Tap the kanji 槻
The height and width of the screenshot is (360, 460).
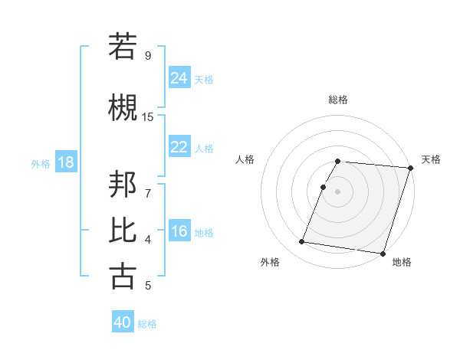click(x=123, y=107)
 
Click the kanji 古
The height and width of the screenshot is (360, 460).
click(x=123, y=276)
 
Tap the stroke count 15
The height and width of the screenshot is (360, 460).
click(x=148, y=116)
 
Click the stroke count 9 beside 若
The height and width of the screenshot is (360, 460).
click(x=148, y=55)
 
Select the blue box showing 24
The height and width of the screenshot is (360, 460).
click(x=179, y=78)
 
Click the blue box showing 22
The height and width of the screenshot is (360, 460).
click(x=179, y=147)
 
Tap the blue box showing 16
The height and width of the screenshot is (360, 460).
click(x=179, y=231)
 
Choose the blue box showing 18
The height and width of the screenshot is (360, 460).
click(x=65, y=163)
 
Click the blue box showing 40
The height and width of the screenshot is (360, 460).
click(x=123, y=322)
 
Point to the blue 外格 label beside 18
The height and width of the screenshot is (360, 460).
click(x=41, y=164)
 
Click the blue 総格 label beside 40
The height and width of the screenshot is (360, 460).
click(x=148, y=324)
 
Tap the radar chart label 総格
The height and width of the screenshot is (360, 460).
click(x=338, y=100)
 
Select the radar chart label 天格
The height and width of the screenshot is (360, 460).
click(x=431, y=159)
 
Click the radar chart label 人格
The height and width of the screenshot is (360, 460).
click(x=245, y=159)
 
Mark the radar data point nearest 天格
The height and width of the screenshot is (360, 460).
click(x=410, y=168)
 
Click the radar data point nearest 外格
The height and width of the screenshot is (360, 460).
click(x=301, y=242)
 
